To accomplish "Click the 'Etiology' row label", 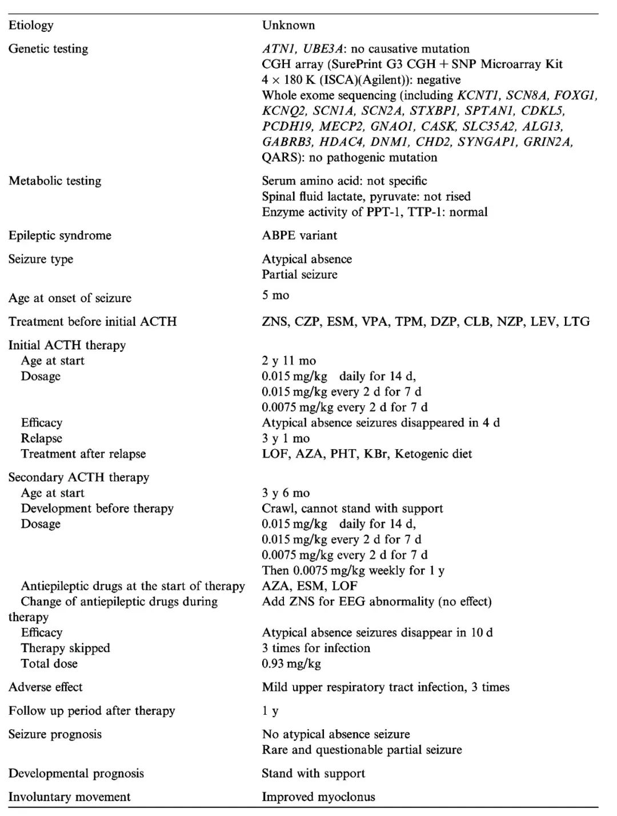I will tap(31, 25).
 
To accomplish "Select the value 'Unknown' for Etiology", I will tap(288, 25).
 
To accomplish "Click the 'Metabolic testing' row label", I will tap(55, 181).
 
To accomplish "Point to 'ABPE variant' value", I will tap(299, 235).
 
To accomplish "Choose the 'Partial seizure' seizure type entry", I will tap(299, 274).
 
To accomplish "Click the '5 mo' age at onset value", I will tap(275, 295).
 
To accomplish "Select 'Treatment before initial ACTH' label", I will tap(93, 322).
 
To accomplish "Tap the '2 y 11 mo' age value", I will tap(289, 361).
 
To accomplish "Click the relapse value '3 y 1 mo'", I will tap(286, 438).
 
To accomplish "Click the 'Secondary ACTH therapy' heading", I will tap(79, 477).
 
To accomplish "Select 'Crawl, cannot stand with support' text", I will tap(352, 509).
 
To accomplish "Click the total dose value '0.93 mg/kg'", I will tap(291, 663).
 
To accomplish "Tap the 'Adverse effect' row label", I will tap(46, 687).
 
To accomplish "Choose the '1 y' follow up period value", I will tap(270, 711).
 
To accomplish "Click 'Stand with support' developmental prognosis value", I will tap(313, 773).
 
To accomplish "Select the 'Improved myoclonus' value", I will tap(318, 797).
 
